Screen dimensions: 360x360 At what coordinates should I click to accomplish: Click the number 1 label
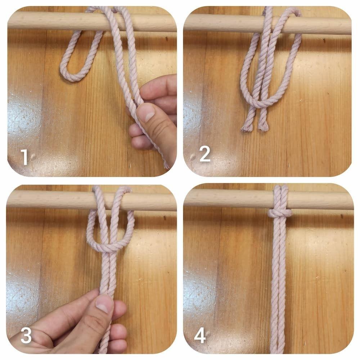24,157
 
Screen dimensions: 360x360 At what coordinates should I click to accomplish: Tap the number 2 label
205,154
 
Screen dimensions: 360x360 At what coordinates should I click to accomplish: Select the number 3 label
26,335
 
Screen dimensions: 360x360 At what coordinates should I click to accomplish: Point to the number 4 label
200,336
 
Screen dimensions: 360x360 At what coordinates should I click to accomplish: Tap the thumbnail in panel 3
104,304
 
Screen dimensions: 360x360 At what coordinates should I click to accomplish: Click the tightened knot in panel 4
280,213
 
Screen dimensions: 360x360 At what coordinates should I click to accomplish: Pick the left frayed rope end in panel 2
246,127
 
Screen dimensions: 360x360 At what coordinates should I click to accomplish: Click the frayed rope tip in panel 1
166,165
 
